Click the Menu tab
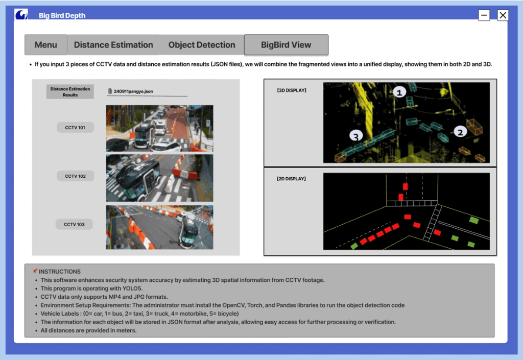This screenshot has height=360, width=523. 46,44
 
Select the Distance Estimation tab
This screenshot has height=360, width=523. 113,44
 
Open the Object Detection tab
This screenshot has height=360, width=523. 202,44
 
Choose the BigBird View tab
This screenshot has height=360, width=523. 286,44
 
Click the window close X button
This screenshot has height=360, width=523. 503,15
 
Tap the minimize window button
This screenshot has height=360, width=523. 484,15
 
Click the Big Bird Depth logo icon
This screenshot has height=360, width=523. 21,14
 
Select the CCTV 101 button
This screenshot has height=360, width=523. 75,127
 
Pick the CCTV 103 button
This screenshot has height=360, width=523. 74,224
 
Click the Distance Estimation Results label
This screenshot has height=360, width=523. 70,92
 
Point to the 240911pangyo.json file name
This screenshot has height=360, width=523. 133,91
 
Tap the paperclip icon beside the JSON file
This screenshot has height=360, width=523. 110,91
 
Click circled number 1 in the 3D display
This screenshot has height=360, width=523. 399,92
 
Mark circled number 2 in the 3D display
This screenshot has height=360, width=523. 460,132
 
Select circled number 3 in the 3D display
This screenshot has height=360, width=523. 356,136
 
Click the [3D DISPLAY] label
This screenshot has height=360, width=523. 292,90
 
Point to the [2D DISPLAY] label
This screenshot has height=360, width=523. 291,179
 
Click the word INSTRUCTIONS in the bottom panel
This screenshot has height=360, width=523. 60,272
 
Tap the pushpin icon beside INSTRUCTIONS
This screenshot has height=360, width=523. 35,271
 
